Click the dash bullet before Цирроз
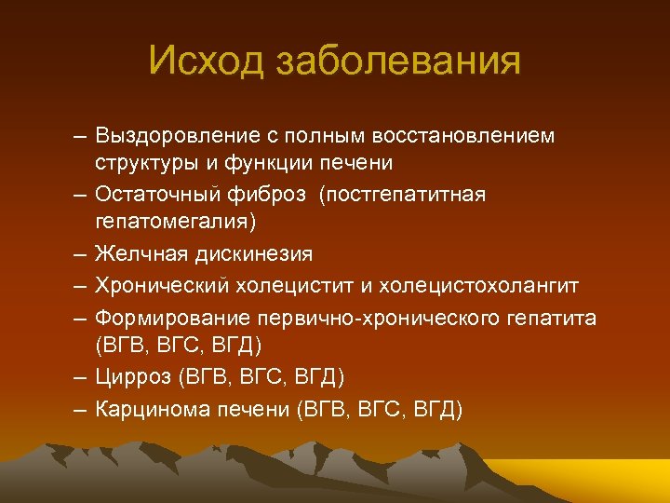click(x=82, y=378)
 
